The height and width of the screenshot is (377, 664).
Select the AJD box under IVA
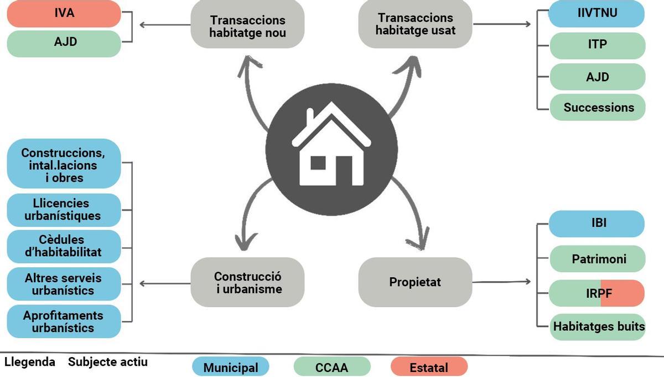point(64,43)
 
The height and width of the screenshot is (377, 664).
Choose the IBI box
point(596,223)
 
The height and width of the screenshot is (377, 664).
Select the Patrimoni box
point(597,259)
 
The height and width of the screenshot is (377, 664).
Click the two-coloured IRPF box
point(597,293)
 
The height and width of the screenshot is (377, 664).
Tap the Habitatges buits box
point(598,327)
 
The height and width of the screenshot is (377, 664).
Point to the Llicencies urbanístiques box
point(64,210)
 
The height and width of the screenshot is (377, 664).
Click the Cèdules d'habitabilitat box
point(64,246)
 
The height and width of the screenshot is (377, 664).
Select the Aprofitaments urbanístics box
point(64,321)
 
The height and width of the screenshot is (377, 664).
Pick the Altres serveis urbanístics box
point(64,283)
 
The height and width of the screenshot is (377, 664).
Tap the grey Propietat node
point(415,282)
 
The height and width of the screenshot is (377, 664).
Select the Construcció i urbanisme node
point(247,282)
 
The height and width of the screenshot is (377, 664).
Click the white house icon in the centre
point(331,146)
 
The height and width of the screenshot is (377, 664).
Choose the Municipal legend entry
point(230,367)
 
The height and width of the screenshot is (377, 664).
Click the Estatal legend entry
point(428,367)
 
